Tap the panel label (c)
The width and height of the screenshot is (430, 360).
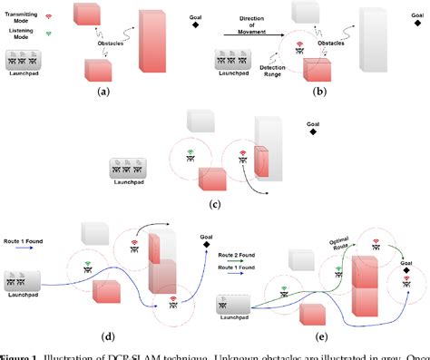click(214, 203)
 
